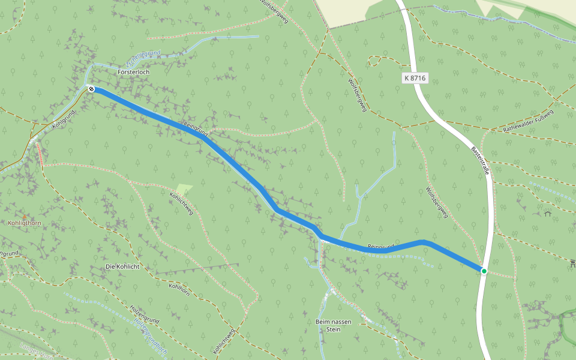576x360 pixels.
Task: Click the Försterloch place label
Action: point(133,72)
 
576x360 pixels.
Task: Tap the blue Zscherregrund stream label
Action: point(143,58)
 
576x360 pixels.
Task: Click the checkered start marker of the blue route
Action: point(91,89)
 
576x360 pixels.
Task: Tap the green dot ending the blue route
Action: point(484,271)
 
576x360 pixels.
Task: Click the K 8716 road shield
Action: point(415,79)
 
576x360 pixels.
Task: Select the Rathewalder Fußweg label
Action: point(528,121)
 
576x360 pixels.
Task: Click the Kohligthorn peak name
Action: point(24,223)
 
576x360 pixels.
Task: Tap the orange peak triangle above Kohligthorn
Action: point(25,216)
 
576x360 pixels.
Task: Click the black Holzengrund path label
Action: point(144,314)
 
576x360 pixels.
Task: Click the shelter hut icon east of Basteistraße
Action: point(547,212)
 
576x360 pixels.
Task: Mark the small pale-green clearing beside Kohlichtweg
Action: point(184,190)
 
